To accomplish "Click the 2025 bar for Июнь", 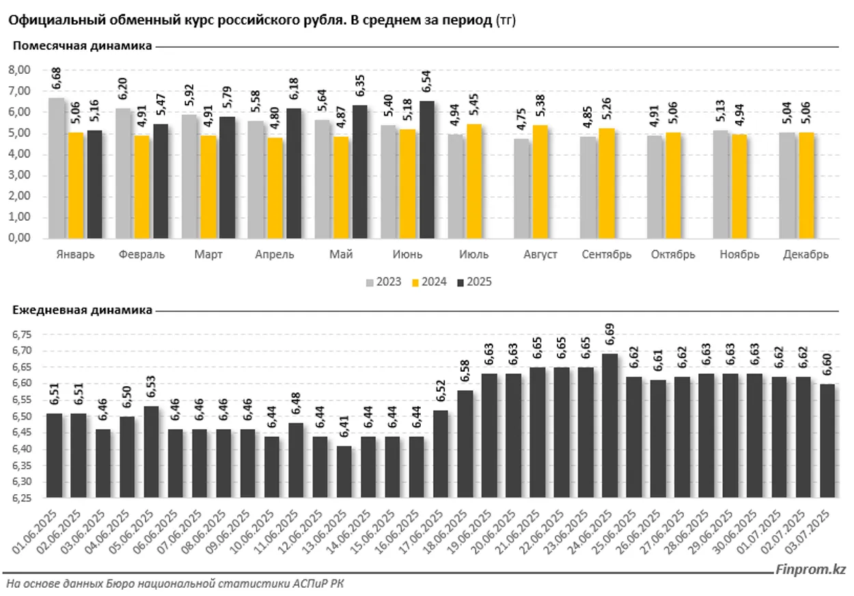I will pyautogui.click(x=426, y=171).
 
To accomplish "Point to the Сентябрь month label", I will pyautogui.click(x=607, y=254).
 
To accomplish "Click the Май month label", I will pyautogui.click(x=340, y=254).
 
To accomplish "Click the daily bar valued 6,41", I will pyautogui.click(x=346, y=472).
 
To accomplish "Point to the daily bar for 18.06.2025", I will pyautogui.click(x=465, y=444).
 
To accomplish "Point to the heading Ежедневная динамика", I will pyautogui.click(x=82, y=310).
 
